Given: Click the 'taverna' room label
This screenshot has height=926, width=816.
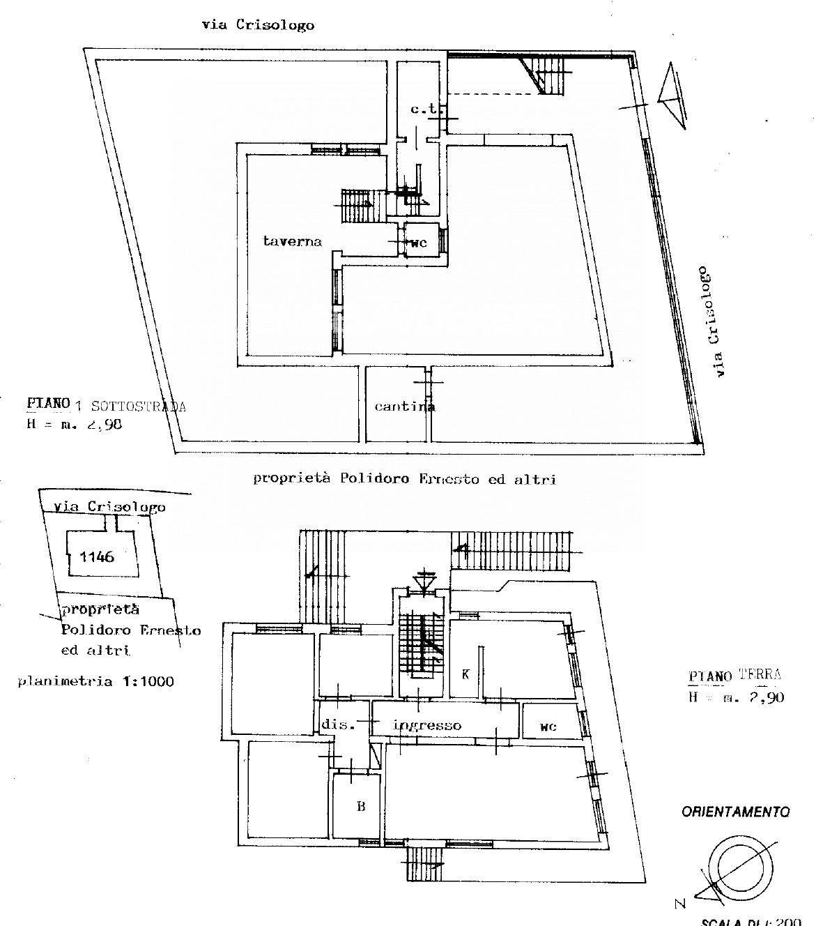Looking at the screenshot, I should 293,241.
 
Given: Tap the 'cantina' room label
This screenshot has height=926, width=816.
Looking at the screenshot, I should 404,407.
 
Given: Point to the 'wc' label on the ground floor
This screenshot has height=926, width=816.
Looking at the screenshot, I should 548,727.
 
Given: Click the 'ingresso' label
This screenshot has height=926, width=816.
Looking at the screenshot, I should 427,725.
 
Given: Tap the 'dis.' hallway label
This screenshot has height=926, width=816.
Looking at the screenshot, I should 339,724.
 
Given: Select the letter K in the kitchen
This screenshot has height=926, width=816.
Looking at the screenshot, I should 466,674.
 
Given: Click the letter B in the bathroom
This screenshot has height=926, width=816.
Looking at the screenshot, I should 361,807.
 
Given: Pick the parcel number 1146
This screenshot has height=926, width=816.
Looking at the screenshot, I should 98,556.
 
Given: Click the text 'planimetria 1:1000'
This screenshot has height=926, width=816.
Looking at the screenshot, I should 95,681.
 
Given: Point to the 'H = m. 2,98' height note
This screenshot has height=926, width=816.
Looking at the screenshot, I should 75,423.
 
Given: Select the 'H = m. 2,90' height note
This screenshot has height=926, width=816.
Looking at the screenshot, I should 736,697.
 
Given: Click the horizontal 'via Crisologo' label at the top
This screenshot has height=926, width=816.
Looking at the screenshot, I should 258,25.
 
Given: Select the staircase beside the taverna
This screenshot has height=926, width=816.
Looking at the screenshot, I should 358,204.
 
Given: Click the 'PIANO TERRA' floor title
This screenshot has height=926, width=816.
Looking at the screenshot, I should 734,675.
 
